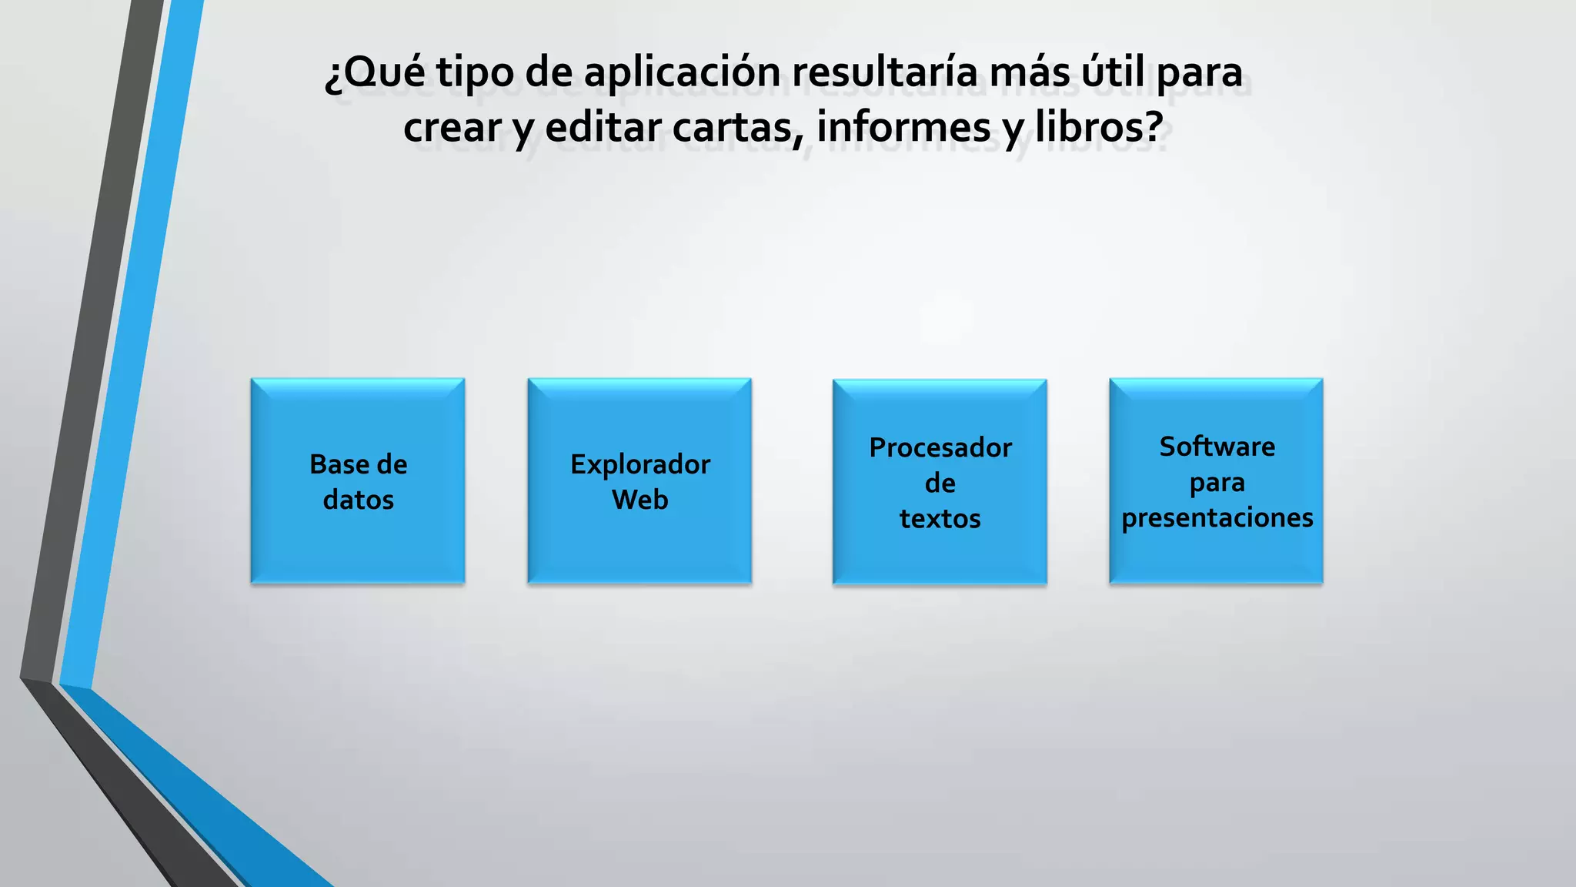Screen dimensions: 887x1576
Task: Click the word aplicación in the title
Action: coord(681,73)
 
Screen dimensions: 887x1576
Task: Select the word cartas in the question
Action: coord(738,128)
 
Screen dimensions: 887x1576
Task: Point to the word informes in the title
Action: coord(903,128)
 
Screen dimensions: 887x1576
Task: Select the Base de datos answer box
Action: coord(358,481)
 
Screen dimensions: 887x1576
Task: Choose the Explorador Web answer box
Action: coord(639,481)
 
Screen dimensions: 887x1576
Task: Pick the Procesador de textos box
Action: coord(940,482)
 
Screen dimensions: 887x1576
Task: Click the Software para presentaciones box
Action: coord(1216,481)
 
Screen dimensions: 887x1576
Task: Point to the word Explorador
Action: coord(639,465)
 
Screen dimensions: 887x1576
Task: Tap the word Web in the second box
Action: coord(639,500)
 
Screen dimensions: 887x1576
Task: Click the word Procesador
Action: coord(940,447)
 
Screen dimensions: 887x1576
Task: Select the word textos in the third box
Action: coord(940,519)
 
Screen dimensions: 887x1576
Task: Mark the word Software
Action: coord(1217,447)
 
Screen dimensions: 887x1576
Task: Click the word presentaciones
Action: coord(1217,517)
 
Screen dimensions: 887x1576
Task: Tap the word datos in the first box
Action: coord(358,500)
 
